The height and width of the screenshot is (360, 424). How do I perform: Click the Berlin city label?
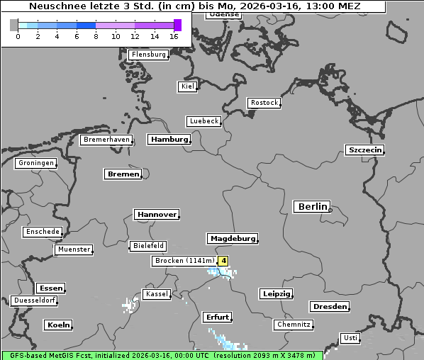click(312, 207)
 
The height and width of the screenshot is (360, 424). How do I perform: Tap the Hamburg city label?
click(169, 140)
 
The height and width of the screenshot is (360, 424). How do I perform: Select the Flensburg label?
click(149, 55)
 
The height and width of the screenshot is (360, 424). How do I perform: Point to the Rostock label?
click(264, 103)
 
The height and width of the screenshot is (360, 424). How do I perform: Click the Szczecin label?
click(364, 150)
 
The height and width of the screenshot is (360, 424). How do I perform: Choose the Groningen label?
click(35, 163)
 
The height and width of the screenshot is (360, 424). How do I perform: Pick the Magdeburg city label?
click(232, 239)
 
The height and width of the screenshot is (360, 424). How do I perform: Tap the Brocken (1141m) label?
click(184, 261)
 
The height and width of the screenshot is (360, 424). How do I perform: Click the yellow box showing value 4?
click(224, 261)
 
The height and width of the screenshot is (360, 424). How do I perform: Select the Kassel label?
click(156, 294)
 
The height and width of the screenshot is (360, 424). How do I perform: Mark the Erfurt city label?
click(216, 317)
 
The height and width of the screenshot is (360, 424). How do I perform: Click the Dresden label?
click(329, 307)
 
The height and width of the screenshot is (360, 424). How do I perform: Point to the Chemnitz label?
click(293, 325)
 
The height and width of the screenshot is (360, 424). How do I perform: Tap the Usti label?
click(350, 338)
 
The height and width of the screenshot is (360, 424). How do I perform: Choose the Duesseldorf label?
click(34, 300)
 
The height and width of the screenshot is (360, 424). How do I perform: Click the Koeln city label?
click(59, 325)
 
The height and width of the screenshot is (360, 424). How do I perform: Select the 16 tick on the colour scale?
click(174, 36)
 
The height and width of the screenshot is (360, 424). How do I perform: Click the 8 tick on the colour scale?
click(96, 36)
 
